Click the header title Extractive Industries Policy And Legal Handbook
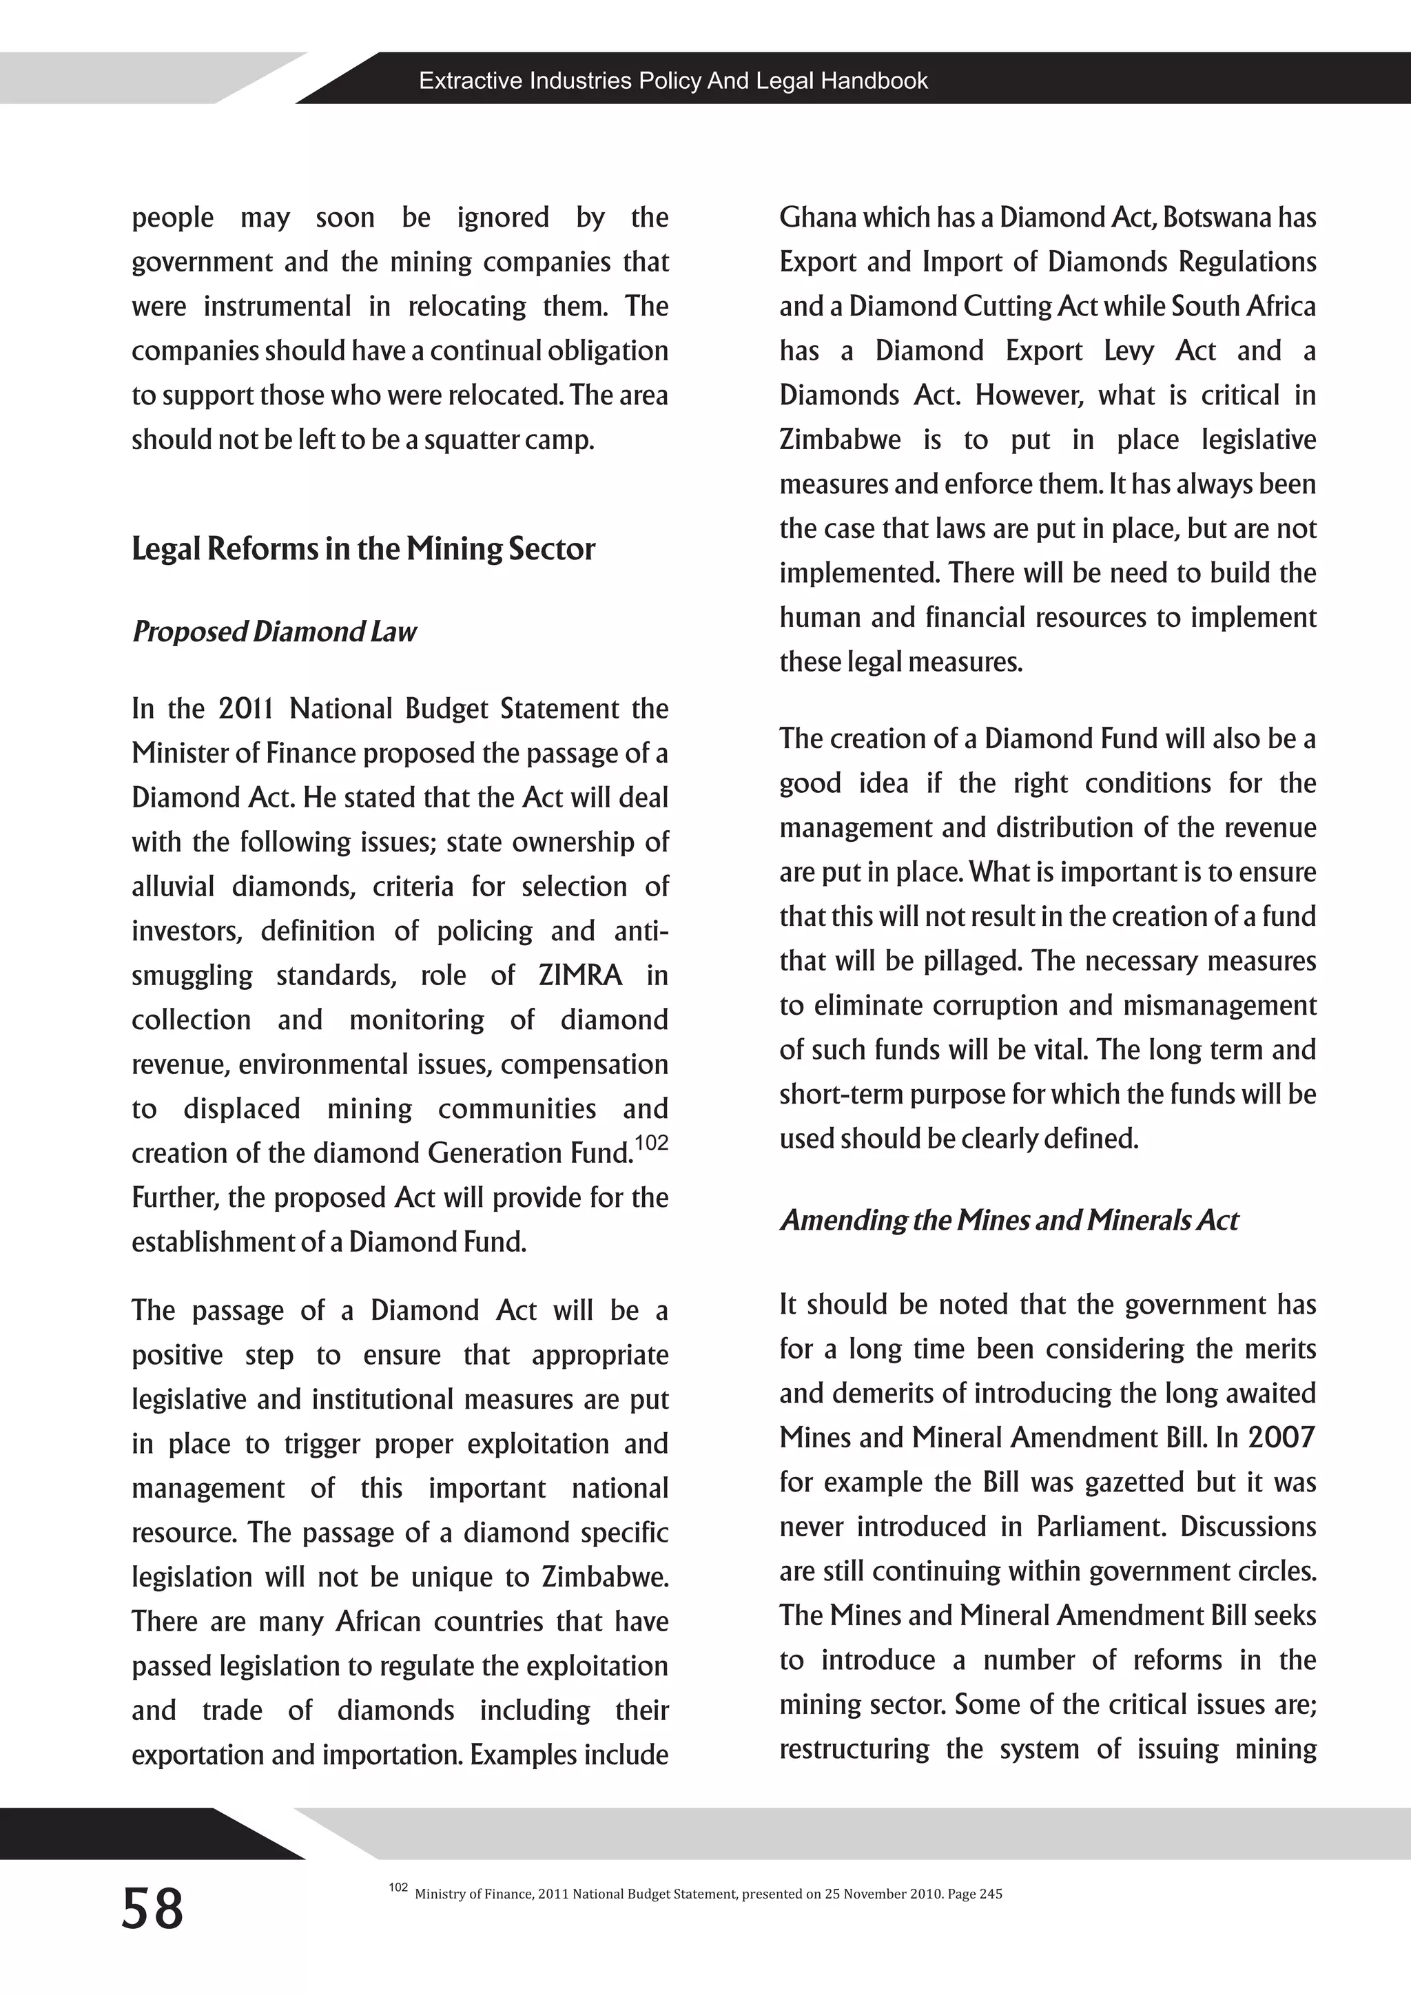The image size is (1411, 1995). click(672, 81)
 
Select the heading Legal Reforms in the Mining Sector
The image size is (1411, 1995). click(363, 549)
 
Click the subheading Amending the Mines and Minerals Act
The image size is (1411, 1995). click(1008, 1220)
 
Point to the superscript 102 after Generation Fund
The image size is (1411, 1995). click(652, 1143)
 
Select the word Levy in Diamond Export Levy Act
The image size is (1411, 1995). click(1129, 351)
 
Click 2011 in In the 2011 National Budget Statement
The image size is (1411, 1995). click(246, 709)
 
